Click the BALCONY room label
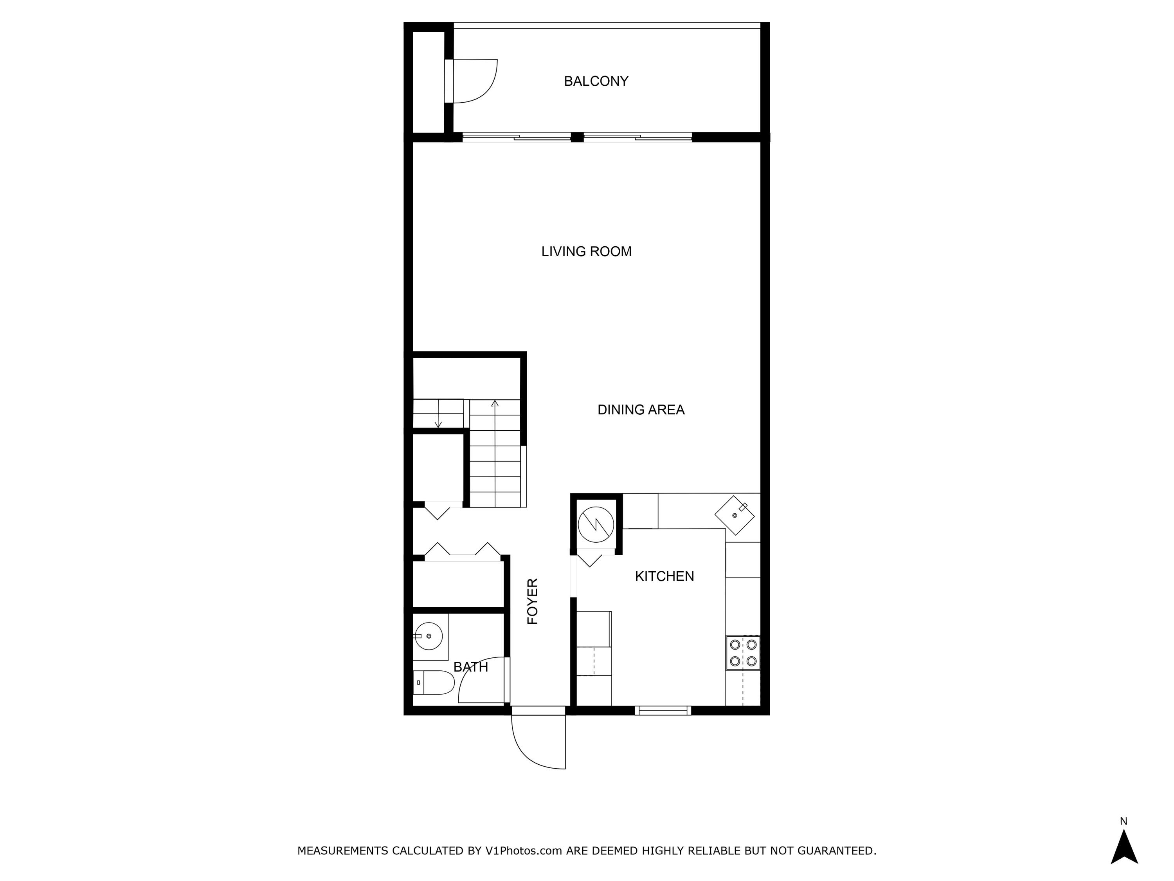click(596, 81)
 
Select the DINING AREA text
click(641, 410)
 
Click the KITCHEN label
click(664, 576)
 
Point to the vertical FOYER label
click(532, 601)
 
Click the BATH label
click(470, 667)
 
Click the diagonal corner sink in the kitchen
click(735, 515)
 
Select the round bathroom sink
click(428, 635)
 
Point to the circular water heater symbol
click(596, 525)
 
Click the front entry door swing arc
click(533, 748)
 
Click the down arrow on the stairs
click(438, 423)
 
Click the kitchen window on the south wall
click(663, 711)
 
